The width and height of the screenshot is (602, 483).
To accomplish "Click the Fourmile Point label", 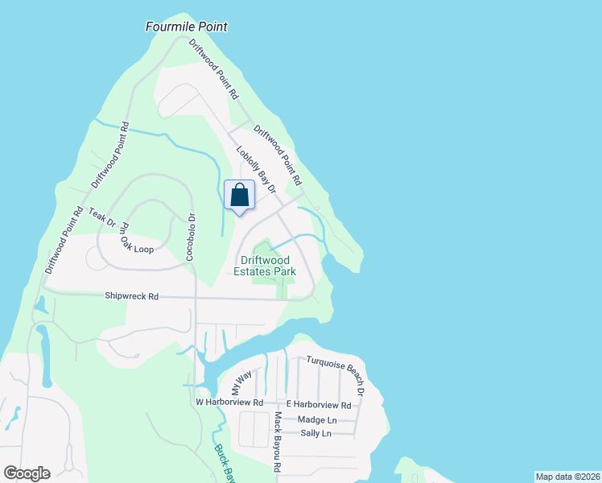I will pos(187,27).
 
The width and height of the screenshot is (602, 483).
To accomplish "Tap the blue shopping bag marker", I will pos(240,196).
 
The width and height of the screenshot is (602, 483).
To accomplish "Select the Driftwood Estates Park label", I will pos(267,266).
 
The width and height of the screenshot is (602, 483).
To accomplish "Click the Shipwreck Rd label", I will pos(131,296).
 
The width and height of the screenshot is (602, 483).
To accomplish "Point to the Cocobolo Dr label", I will pos(192,234).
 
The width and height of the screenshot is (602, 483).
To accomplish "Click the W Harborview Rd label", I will pos(229,402).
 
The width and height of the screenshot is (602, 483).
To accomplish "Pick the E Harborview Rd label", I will pos(319,405).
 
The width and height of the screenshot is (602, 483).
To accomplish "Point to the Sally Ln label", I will pos(315,433).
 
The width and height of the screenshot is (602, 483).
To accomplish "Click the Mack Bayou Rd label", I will pos(277,441).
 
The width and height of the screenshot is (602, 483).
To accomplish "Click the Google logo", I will pos(27,473).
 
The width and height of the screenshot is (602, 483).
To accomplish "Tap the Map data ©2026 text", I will pos(567,477).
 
